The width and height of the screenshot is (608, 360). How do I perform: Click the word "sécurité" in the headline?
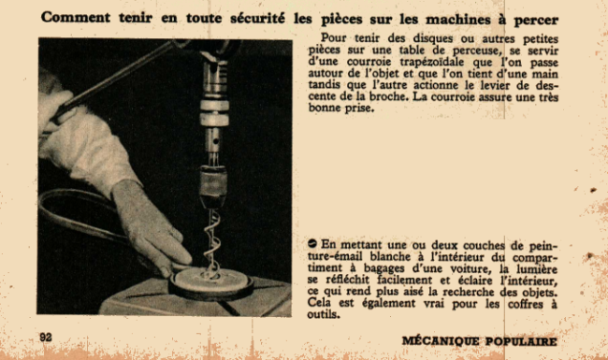(x=257, y=18)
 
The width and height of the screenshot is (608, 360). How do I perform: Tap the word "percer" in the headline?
(x=536, y=21)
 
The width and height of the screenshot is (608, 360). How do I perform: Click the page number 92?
(x=46, y=338)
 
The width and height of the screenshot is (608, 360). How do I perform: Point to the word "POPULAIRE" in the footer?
(x=521, y=341)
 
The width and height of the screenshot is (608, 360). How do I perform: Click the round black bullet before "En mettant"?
(x=312, y=243)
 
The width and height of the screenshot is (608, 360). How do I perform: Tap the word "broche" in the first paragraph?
(x=388, y=96)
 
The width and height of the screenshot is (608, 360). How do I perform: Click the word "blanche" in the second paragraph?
(x=390, y=256)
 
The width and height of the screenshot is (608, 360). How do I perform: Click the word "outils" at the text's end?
(x=324, y=314)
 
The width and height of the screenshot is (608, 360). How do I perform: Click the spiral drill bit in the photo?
(x=212, y=244)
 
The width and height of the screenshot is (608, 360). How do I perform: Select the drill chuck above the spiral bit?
(x=212, y=187)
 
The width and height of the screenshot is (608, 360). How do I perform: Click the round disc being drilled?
(x=211, y=285)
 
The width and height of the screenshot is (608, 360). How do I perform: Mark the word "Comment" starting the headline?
(x=76, y=18)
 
